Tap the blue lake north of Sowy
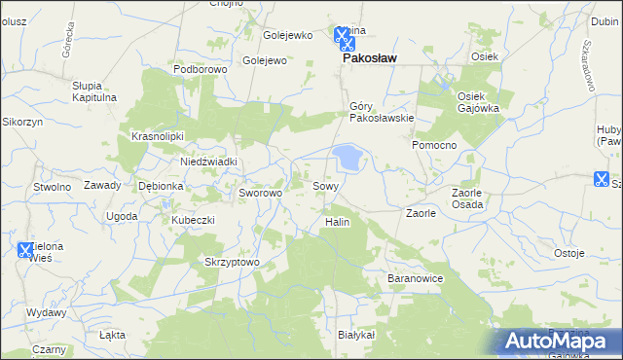(347, 156)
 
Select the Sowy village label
(326, 185)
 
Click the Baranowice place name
(416, 278)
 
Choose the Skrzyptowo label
(232, 262)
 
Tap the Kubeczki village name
(193, 220)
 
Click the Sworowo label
(260, 193)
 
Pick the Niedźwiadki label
(209, 162)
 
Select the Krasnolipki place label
(158, 136)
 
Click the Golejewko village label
(289, 35)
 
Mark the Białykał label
(355, 334)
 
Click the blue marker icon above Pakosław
(344, 36)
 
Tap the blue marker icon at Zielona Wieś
(26, 250)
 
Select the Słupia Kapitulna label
(94, 91)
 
